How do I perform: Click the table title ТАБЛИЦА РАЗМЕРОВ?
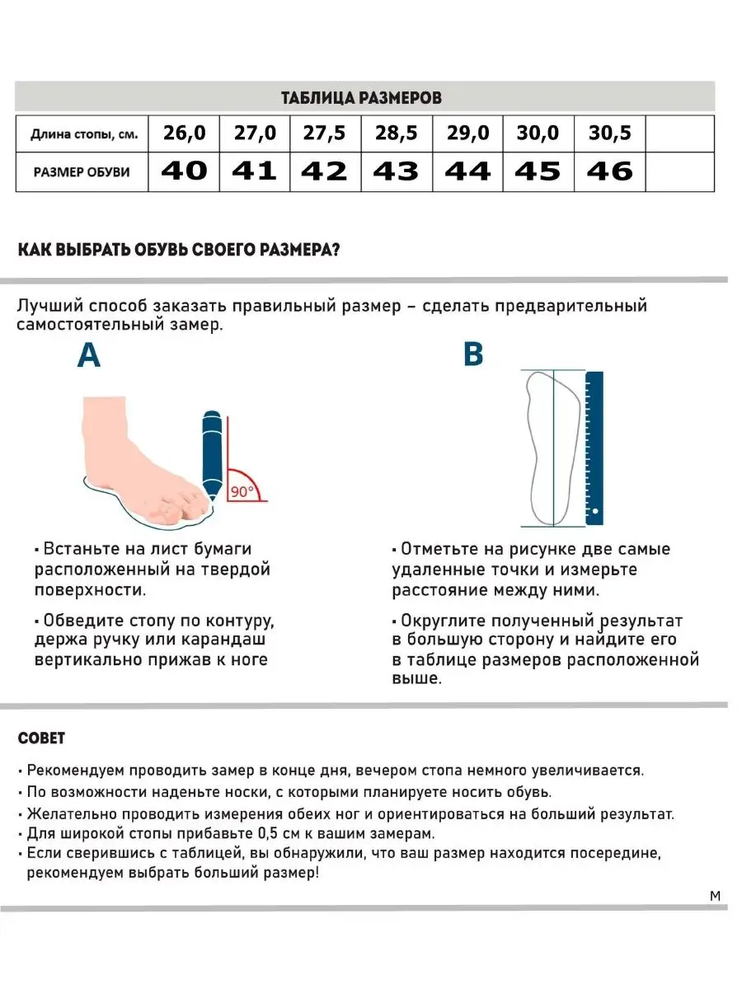coord(361,98)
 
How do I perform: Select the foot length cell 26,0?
coord(184,133)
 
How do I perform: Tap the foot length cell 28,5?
coord(397,133)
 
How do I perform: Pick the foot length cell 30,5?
coord(609,133)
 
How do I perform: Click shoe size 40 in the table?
coord(184,171)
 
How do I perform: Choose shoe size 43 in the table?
coord(397,171)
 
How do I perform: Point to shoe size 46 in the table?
coord(609,171)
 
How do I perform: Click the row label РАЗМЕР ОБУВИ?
coord(82,172)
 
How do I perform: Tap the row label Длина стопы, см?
coord(84,134)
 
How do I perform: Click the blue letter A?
coord(89,355)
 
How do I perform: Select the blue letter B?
coord(473,354)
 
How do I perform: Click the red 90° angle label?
coord(242,491)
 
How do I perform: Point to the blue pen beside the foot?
coord(212,455)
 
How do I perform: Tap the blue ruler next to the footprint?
coord(594,448)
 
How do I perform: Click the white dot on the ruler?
coord(595,511)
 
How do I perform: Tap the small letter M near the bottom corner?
coord(715,896)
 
